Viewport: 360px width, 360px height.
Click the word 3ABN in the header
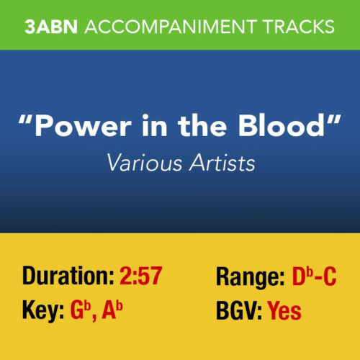[x=52, y=27]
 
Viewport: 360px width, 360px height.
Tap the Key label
[x=42, y=311]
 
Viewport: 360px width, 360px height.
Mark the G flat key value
[x=78, y=311]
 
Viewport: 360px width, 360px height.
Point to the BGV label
[x=238, y=311]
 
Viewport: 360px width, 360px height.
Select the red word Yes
[x=284, y=311]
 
